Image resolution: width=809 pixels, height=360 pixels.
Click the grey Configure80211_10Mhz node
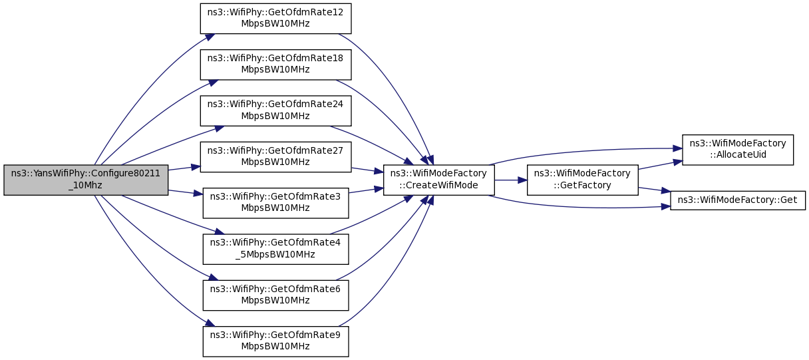tap(86, 180)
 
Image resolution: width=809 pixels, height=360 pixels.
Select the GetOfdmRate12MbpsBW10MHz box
tap(275, 19)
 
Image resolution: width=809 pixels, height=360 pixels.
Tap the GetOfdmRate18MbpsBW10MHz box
tap(275, 65)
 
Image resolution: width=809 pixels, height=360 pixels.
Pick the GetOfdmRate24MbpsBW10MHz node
tap(275, 111)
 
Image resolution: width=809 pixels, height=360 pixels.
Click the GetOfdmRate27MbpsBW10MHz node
tap(275, 157)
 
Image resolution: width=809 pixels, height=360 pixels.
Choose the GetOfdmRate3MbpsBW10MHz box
tap(275, 203)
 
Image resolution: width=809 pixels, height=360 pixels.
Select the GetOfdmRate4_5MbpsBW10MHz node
tap(275, 249)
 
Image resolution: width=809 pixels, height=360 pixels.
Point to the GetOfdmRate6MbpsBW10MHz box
tap(275, 295)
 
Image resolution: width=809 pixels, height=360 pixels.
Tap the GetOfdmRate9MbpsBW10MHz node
tap(275, 341)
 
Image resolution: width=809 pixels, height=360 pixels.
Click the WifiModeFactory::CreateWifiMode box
tap(439, 180)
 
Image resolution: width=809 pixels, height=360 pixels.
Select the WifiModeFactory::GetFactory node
tap(583, 180)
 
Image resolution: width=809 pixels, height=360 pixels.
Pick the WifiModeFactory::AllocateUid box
tap(738, 150)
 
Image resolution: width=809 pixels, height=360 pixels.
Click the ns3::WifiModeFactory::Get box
tap(738, 200)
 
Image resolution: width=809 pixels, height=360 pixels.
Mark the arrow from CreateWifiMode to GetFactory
tap(511, 180)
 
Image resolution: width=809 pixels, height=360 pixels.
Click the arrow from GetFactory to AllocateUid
tap(660, 164)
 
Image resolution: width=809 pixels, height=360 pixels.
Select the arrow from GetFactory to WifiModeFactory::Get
tap(655, 190)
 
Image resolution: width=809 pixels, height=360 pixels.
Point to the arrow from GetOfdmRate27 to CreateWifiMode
tap(367, 170)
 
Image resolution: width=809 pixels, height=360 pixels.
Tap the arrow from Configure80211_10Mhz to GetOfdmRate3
tap(186, 192)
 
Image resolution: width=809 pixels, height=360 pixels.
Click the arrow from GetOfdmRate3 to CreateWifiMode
tap(366, 190)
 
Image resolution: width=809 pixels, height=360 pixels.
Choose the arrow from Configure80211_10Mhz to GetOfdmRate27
tap(184, 168)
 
